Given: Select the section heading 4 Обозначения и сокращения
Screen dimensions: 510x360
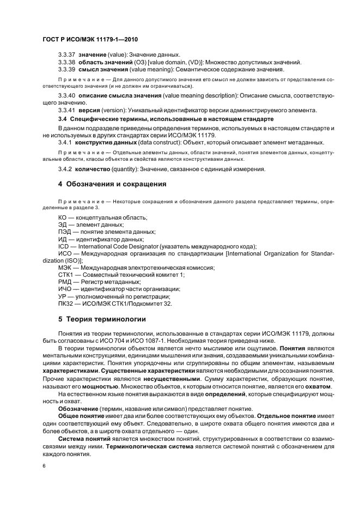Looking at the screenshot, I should (x=112, y=184).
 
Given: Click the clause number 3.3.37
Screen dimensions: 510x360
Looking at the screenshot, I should (x=67, y=55).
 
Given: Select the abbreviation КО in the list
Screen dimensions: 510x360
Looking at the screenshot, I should (x=62, y=217).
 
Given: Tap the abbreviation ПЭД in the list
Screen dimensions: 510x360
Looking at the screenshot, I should (x=65, y=232).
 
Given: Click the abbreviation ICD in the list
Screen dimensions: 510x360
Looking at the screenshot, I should (x=64, y=246).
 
